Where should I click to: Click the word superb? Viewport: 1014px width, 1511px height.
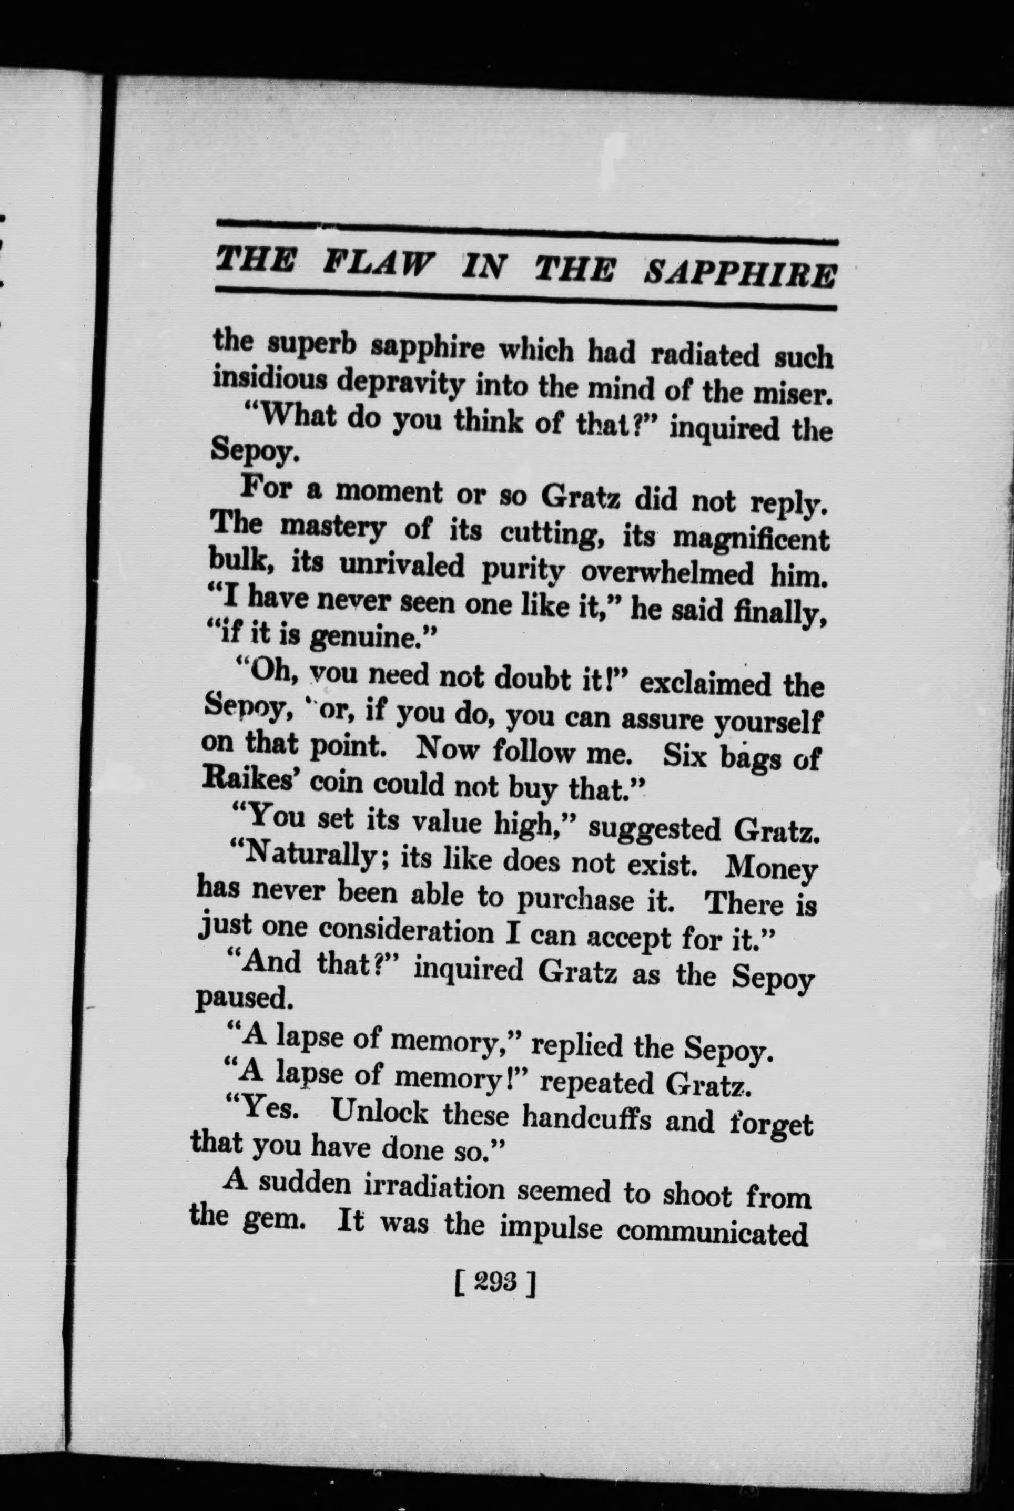pos(313,346)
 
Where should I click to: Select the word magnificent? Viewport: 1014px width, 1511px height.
pos(751,538)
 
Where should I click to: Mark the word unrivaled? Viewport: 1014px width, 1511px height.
pos(403,566)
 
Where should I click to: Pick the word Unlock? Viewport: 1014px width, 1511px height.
pos(380,1112)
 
